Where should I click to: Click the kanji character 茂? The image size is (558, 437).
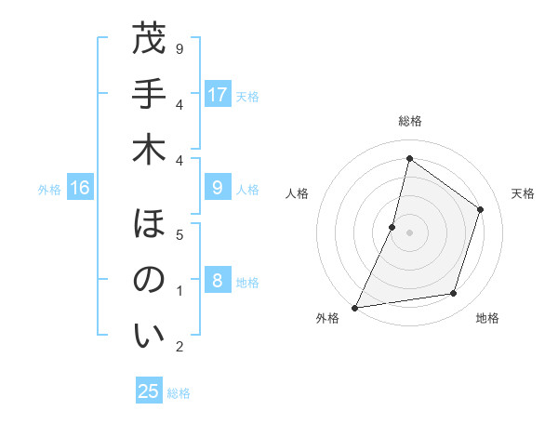149,40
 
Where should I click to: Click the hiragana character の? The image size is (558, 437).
149,280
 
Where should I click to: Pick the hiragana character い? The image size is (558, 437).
149,336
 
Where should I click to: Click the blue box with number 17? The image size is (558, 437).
218,95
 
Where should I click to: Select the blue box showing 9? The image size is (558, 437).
218,189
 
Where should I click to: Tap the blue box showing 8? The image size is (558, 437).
218,281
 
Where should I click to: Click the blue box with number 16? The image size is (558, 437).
80,189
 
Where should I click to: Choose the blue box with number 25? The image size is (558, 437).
149,391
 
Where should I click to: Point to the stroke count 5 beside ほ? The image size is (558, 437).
179,234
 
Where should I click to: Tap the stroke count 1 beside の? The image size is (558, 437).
179,291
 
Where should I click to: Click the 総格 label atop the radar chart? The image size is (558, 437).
409,121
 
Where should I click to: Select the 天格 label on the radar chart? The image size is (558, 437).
523,193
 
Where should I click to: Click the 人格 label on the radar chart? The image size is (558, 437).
297,193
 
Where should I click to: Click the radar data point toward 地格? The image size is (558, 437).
454,294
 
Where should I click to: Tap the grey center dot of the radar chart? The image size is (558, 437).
409,232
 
